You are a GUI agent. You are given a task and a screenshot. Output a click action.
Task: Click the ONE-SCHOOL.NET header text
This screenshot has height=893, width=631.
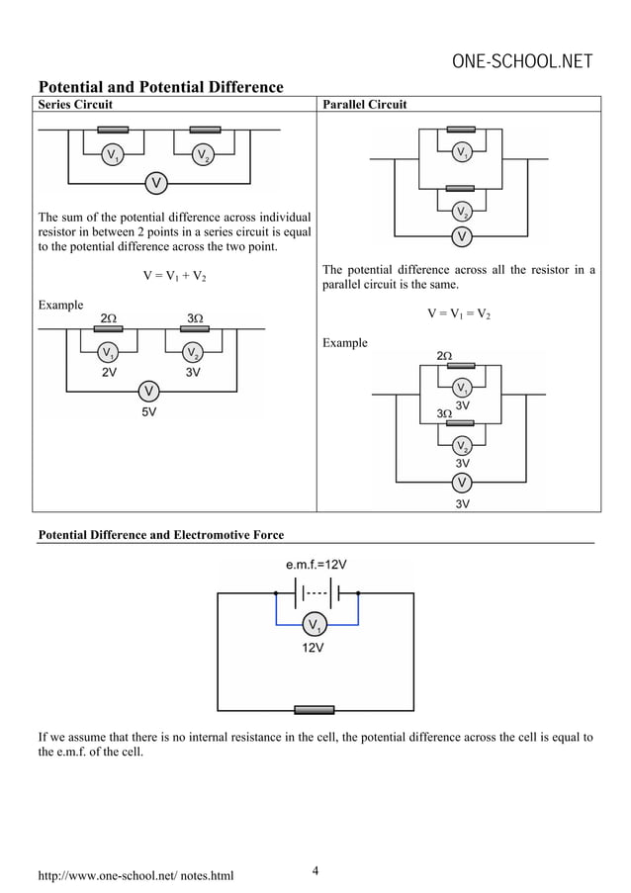(x=521, y=62)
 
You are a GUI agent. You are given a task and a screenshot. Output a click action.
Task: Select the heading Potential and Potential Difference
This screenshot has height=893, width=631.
(x=160, y=87)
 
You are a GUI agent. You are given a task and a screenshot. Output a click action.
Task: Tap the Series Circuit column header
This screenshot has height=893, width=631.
(x=75, y=104)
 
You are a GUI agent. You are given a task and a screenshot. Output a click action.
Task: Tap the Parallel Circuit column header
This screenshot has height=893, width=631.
(x=364, y=104)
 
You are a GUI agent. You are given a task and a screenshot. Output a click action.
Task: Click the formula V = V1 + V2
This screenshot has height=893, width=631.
(x=174, y=276)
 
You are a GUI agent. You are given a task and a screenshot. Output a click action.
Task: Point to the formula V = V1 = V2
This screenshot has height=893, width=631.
(x=458, y=313)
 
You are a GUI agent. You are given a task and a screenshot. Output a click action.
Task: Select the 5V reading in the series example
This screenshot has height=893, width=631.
(x=147, y=412)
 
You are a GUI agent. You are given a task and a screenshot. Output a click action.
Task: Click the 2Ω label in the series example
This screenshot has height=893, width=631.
(x=110, y=317)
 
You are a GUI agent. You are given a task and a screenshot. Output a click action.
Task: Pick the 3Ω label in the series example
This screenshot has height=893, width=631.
(x=195, y=317)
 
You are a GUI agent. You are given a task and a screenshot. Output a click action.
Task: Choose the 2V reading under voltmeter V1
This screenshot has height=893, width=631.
(x=110, y=373)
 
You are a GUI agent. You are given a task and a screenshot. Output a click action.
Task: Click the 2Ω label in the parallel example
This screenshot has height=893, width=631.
(x=445, y=355)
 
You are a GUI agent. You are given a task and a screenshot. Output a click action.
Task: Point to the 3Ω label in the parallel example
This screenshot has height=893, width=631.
(x=445, y=413)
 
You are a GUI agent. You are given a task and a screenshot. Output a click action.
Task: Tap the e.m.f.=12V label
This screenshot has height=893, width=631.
(x=315, y=565)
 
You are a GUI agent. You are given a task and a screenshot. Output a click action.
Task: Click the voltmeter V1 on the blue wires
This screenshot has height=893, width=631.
(x=315, y=625)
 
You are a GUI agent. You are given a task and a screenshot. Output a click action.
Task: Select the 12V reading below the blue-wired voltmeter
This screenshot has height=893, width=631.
(x=313, y=649)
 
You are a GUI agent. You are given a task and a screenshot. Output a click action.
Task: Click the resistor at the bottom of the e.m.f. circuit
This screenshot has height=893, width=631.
(x=315, y=710)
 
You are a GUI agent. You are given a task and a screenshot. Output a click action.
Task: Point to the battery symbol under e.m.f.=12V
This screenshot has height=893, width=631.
(x=315, y=593)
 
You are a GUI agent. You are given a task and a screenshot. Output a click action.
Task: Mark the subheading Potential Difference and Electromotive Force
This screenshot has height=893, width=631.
(x=160, y=535)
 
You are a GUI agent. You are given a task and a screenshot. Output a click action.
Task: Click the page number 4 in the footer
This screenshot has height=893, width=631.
(x=315, y=870)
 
